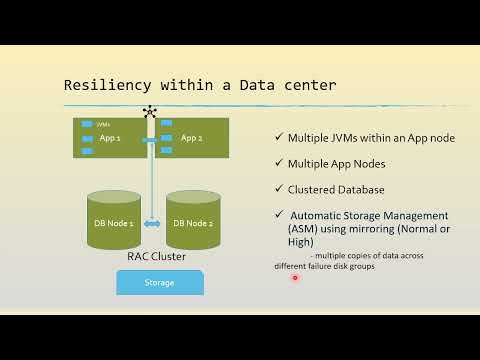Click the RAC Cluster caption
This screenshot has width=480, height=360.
(x=156, y=256)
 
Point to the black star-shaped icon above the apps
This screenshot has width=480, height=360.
(x=151, y=111)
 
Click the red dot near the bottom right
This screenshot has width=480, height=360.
(x=296, y=278)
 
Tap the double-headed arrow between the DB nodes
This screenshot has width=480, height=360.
(x=151, y=223)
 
